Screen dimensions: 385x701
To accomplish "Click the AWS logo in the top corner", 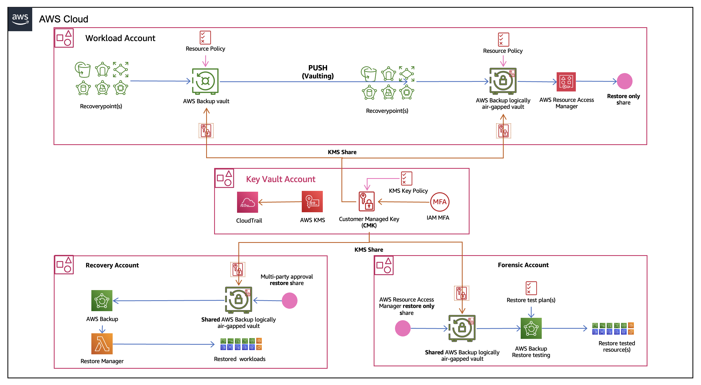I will (x=20, y=19).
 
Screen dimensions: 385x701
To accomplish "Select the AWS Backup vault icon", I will (x=205, y=81).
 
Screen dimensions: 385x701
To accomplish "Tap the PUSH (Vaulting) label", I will (x=317, y=72).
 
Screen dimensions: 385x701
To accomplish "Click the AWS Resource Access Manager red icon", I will (x=566, y=82).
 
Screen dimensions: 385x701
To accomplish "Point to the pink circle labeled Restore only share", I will (x=624, y=81).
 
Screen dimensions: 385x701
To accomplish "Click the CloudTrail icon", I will (x=247, y=202).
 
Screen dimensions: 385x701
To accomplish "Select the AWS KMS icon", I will (x=312, y=202).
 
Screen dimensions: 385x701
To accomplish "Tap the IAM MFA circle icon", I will (x=439, y=202).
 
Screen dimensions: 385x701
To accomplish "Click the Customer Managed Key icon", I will (x=366, y=202).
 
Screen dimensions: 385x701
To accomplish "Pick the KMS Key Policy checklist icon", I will (x=406, y=178).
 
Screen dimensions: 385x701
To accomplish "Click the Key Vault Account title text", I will (x=280, y=179).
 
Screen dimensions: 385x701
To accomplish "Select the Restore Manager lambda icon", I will (x=102, y=344).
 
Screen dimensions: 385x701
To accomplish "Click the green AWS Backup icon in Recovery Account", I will (x=102, y=300).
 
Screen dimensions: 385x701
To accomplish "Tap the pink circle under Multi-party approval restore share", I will (x=290, y=300).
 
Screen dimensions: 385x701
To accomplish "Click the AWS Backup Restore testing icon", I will (x=531, y=328).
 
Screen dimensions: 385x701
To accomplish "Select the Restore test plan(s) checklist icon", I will (x=531, y=288).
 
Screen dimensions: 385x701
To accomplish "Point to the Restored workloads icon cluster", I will (x=241, y=344).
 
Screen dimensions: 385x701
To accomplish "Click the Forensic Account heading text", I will (x=523, y=265).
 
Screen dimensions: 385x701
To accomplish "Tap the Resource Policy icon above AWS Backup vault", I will (x=205, y=38).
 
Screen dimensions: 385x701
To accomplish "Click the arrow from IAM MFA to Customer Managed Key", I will (x=404, y=202).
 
